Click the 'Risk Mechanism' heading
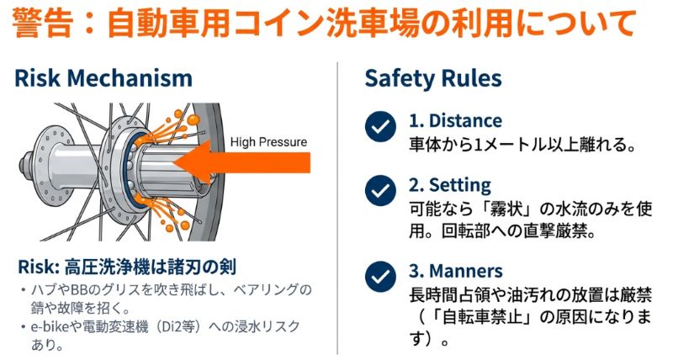pyautogui.click(x=103, y=78)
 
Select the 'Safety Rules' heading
pyautogui.click(x=432, y=78)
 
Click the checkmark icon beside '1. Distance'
pyautogui.click(x=381, y=127)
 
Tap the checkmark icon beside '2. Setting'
pyautogui.click(x=381, y=190)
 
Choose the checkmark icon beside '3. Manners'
pyautogui.click(x=381, y=275)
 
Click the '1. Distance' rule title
pyautogui.click(x=455, y=120)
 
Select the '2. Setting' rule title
pyautogui.click(x=450, y=184)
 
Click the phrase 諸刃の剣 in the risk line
pyautogui.click(x=201, y=267)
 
